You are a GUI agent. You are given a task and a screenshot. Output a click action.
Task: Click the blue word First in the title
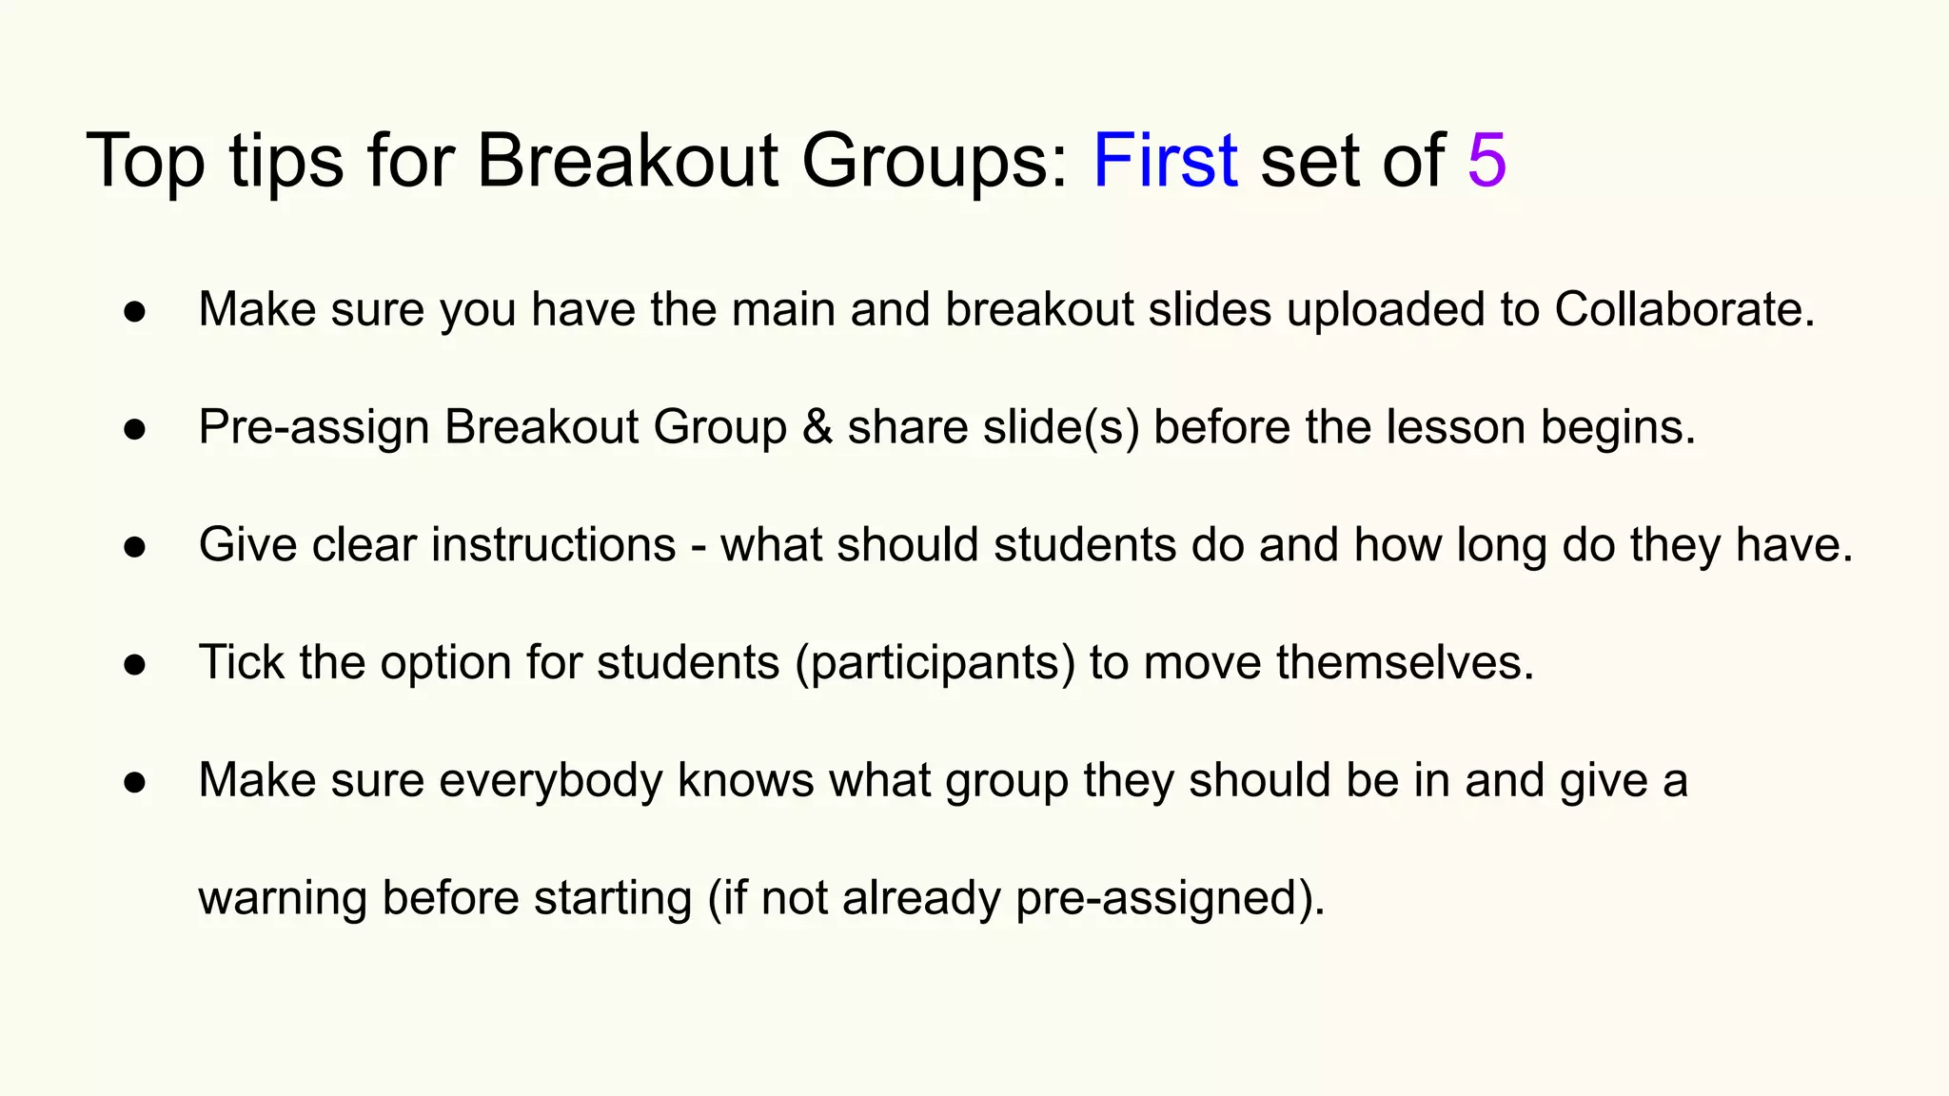click(x=1165, y=160)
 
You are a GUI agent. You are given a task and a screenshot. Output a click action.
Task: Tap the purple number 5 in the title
click(x=1486, y=160)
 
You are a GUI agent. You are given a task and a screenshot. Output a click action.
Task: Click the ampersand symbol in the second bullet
click(x=817, y=427)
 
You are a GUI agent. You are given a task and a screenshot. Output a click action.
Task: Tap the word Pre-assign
click(x=314, y=427)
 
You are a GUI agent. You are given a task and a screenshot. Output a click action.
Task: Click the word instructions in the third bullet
click(x=553, y=545)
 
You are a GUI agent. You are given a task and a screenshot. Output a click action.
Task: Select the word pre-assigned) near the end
click(x=1170, y=898)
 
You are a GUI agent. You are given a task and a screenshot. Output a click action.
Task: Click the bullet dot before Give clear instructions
click(x=135, y=547)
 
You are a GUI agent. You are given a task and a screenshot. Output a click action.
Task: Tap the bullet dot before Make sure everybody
click(x=135, y=782)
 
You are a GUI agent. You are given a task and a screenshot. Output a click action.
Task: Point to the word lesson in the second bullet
click(x=1455, y=427)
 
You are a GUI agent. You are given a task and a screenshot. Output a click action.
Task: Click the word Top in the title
click(x=145, y=160)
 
